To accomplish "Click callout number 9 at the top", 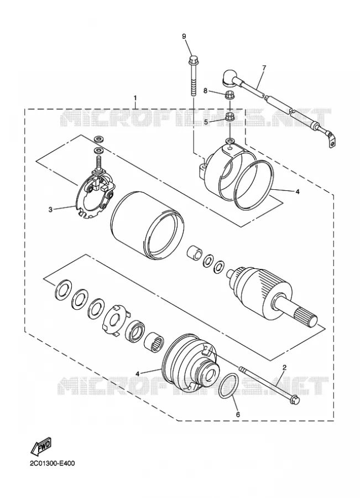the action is click(x=184, y=36).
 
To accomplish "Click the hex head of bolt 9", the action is click(x=192, y=60).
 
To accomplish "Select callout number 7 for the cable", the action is click(x=264, y=68).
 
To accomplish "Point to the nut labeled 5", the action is click(x=229, y=116).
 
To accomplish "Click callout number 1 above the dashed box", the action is click(x=135, y=97).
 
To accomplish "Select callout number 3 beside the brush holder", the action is click(x=50, y=209).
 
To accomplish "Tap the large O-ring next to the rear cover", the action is click(x=254, y=185).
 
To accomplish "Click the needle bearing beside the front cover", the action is click(x=154, y=343).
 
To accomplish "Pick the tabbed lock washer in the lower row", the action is click(x=115, y=320).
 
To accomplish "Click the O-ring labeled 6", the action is click(x=228, y=386).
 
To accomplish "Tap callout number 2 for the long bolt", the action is click(x=284, y=367).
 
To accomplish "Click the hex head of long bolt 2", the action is click(x=295, y=400).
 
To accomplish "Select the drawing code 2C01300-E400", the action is click(x=52, y=463).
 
